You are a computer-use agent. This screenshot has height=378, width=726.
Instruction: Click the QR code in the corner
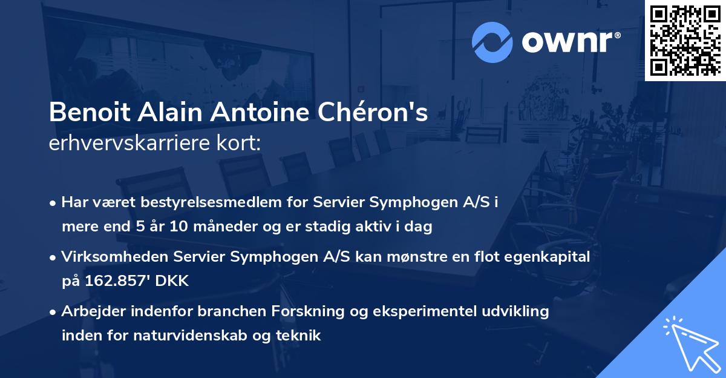(685, 40)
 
